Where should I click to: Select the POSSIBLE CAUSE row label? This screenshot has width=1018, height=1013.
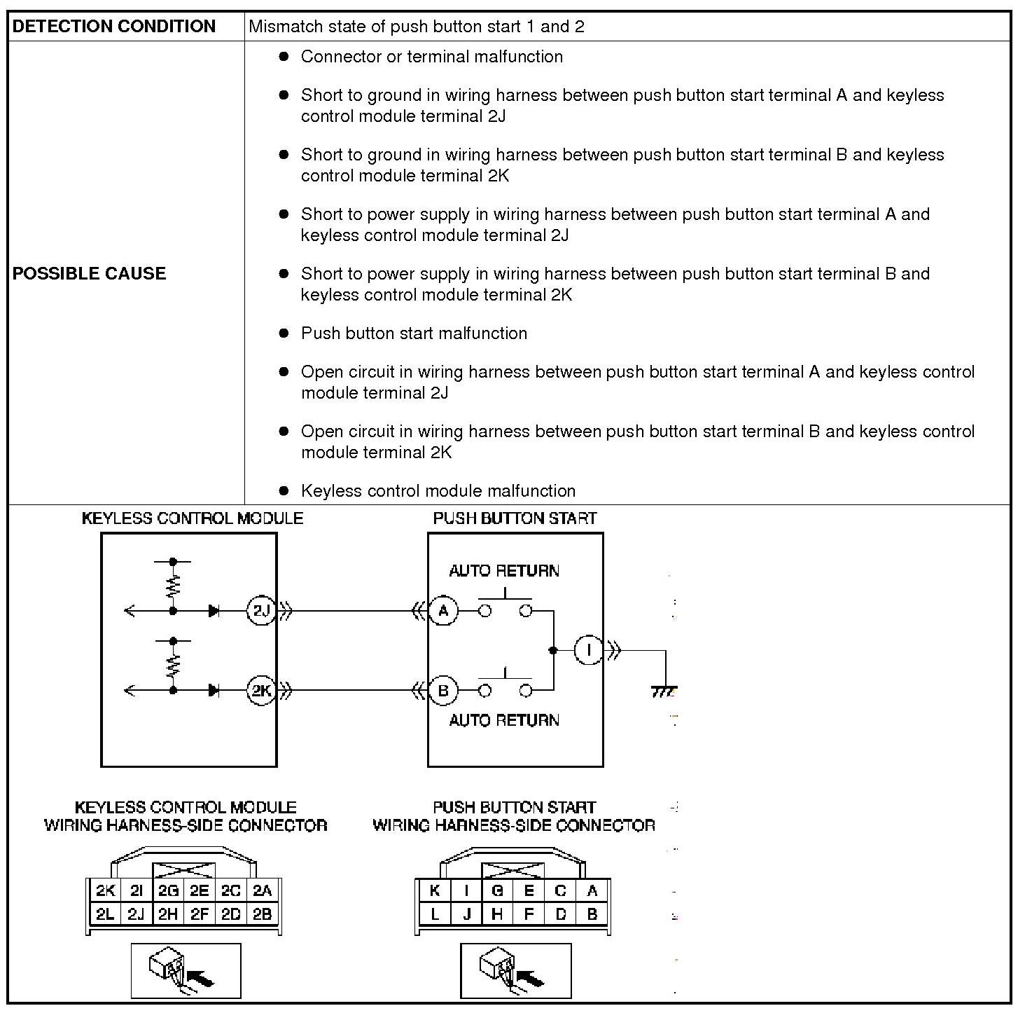[89, 273]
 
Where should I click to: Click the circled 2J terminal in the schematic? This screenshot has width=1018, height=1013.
[261, 611]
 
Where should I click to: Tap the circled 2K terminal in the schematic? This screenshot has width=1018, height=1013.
[261, 690]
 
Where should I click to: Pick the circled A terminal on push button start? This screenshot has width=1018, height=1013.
[442, 611]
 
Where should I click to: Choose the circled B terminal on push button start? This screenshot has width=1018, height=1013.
[442, 690]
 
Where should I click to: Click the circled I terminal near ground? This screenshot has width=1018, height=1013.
[588, 650]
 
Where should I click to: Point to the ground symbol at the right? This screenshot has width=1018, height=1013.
[664, 691]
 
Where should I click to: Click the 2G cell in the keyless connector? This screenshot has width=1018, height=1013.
[168, 891]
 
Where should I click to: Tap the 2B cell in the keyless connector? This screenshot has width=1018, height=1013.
[262, 914]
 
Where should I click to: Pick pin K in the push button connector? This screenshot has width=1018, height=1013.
[435, 891]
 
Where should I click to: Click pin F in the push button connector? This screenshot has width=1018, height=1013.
[529, 914]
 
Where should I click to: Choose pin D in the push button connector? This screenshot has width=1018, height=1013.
[561, 914]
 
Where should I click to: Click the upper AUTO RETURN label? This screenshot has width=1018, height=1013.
[504, 571]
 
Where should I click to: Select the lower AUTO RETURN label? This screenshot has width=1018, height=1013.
[504, 720]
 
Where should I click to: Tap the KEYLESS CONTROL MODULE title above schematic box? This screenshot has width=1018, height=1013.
[193, 518]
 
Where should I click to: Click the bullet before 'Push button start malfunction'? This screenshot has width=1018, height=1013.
[284, 333]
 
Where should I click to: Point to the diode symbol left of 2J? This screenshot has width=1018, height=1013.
[214, 611]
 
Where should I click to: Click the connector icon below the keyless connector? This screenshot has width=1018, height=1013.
[186, 970]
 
